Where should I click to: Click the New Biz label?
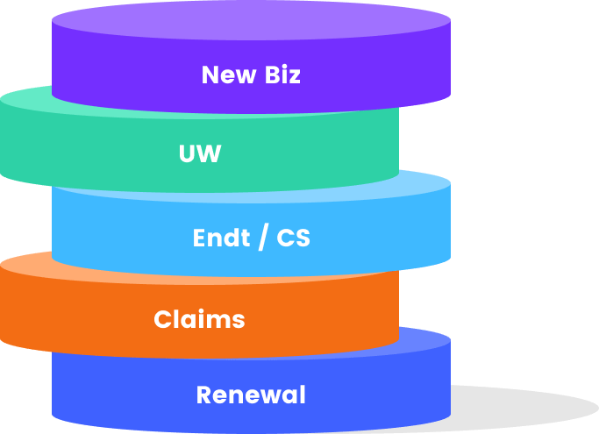click(251, 75)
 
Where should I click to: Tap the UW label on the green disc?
click(200, 154)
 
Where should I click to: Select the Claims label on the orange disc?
click(199, 319)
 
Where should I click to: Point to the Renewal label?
click(251, 395)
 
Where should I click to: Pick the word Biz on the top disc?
click(282, 75)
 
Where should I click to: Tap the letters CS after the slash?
click(293, 238)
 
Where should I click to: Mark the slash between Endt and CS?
click(262, 238)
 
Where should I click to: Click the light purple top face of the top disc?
click(251, 19)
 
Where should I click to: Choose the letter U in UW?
click(188, 154)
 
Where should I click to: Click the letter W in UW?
click(210, 154)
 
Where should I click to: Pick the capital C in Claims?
click(162, 319)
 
